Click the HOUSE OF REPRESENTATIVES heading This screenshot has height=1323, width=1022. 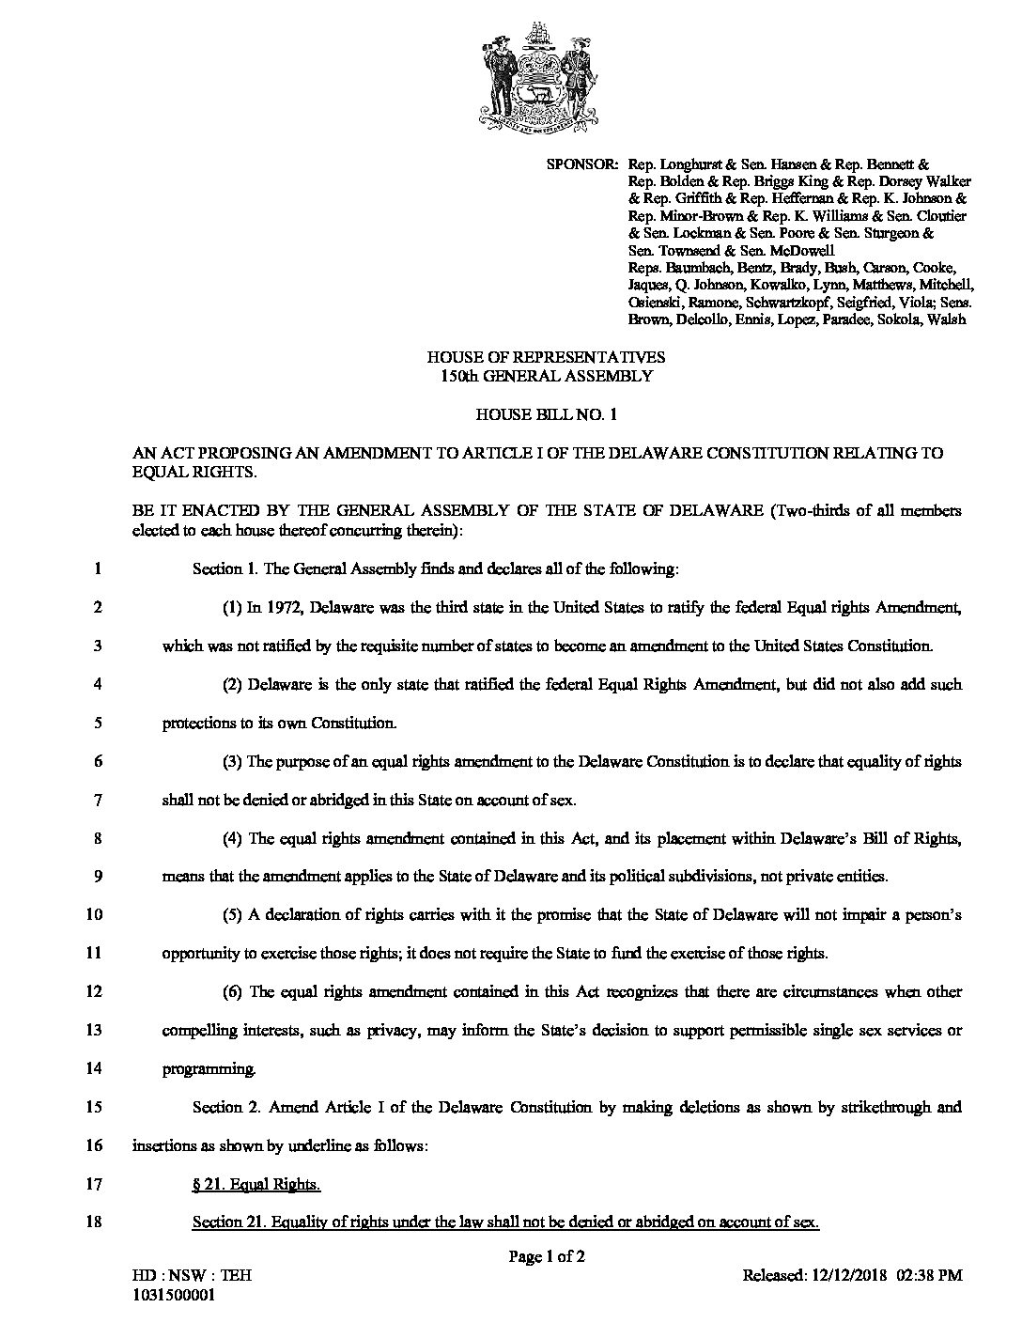pos(546,357)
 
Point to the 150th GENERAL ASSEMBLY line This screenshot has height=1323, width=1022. pos(546,375)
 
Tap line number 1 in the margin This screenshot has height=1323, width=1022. pos(97,568)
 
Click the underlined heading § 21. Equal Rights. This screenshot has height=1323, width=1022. pos(255,1185)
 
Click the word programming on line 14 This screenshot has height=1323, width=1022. pos(207,1069)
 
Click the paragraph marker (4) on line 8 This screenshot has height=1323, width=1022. pos(234,838)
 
